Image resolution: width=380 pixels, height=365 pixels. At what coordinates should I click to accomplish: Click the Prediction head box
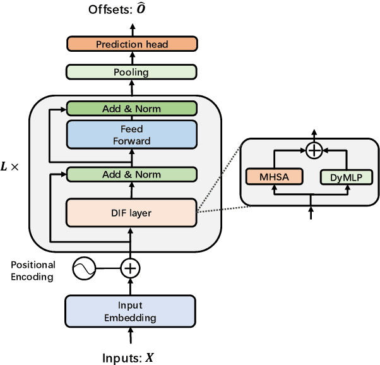click(131, 44)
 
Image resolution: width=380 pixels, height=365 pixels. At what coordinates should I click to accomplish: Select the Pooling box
click(131, 72)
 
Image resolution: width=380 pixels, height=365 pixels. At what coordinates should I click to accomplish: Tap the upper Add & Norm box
click(131, 109)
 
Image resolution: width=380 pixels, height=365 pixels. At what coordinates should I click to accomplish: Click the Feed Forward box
click(131, 135)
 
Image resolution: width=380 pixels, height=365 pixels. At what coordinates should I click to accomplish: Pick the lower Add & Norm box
click(131, 174)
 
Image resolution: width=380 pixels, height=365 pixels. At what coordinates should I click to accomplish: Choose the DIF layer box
click(131, 213)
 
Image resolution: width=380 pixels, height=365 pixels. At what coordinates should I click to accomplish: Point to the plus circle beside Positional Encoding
click(131, 270)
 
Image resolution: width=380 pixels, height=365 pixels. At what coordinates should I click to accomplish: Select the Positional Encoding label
click(33, 270)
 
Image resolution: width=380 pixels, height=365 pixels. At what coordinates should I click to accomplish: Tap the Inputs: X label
click(128, 357)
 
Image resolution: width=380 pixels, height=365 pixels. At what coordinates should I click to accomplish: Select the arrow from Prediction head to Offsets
click(131, 28)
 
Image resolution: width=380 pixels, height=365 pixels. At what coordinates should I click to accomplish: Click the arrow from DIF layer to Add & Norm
click(131, 190)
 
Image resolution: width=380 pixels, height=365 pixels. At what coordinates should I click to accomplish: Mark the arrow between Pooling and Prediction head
click(131, 58)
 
